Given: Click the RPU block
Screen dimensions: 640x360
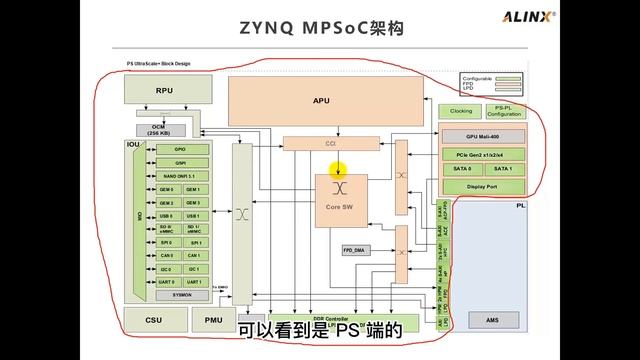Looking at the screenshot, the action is click(164, 89).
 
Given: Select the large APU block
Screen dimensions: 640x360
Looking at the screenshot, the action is click(321, 100).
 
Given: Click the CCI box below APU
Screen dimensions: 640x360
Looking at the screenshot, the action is click(330, 144).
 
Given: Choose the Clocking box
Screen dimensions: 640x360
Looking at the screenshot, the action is click(460, 111).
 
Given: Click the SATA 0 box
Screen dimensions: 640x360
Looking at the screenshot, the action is click(461, 169).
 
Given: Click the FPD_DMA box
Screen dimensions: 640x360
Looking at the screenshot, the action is click(355, 248).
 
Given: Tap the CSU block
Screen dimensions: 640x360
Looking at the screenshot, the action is click(153, 320).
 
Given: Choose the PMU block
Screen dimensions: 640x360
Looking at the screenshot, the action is click(213, 320).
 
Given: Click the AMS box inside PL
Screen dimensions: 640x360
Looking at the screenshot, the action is click(489, 320).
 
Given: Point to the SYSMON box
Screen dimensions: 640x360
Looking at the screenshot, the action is click(181, 295).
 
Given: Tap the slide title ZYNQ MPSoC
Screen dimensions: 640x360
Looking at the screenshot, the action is click(290, 30).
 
